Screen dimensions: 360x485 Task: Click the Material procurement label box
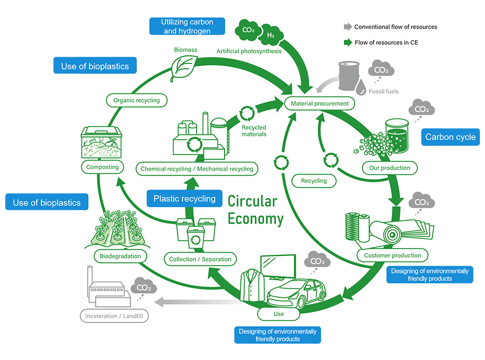319,103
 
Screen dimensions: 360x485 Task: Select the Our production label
389,167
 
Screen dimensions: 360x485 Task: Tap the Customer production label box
392,255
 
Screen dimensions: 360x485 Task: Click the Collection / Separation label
200,259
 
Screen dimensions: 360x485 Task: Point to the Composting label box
102,166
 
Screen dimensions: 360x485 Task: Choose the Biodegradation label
121,256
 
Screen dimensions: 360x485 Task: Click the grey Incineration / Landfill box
115,316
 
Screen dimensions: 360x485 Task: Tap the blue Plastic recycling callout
184,199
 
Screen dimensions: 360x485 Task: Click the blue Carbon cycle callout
450,137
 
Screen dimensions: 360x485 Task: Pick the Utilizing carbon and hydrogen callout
187,26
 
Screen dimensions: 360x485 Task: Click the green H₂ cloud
270,35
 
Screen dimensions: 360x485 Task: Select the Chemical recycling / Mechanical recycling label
197,169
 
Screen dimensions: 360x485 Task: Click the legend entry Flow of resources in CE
385,42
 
